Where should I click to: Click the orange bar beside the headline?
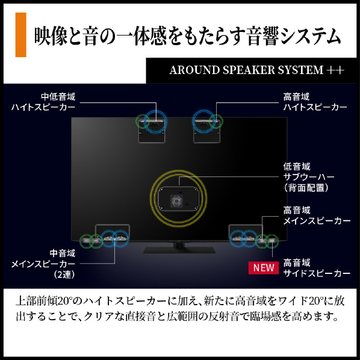[20, 35]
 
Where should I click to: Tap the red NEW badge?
[264, 268]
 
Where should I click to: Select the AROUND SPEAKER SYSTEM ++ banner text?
[257, 70]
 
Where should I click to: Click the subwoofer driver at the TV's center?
[176, 201]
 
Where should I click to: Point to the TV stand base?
[179, 250]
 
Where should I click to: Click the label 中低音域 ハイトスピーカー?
[43, 102]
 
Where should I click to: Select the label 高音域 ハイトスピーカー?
[315, 102]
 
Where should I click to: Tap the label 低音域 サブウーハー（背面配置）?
[309, 177]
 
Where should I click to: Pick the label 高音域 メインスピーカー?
[317, 216]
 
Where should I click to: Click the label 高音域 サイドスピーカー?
[317, 268]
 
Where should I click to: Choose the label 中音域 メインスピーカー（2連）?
[43, 264]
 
